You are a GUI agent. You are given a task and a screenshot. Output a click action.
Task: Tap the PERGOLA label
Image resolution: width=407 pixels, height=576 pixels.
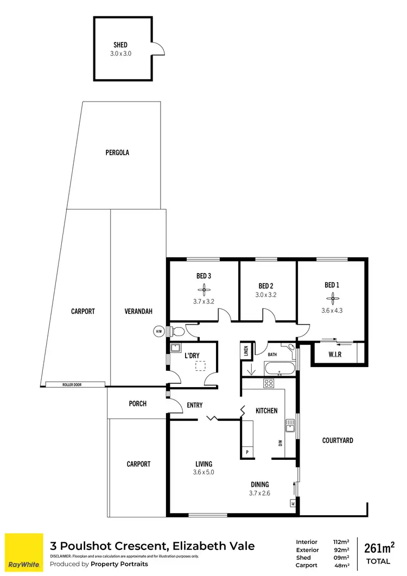coord(117,153)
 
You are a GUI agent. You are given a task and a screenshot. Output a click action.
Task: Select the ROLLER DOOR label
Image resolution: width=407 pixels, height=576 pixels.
coord(75,384)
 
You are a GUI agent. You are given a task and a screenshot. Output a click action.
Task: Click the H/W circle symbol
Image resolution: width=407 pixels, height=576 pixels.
coord(159,332)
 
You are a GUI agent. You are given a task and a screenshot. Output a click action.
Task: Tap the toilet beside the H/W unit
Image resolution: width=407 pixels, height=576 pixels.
coord(176,331)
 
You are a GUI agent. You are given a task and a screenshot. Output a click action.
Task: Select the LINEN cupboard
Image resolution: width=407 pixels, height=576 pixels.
coord(246,351)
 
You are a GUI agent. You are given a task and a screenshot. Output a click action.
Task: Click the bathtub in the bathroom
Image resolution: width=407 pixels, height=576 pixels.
coord(279,369)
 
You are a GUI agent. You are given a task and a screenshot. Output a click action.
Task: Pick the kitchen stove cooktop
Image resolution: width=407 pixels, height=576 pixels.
coord(268,383)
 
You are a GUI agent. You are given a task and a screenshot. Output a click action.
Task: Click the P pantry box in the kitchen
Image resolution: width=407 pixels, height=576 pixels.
coord(247,452)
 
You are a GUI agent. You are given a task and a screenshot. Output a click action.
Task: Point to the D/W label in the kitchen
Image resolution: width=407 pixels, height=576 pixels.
coord(281,443)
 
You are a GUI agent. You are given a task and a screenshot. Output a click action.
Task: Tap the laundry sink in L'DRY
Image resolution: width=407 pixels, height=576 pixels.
coord(175,349)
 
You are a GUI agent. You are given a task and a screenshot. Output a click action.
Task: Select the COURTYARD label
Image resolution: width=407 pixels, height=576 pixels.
coord(338,440)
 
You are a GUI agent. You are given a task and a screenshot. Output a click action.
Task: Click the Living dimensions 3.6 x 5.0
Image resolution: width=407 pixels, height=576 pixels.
coord(204,473)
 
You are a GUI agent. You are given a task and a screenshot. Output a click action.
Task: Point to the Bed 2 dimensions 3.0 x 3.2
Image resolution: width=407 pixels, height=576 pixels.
coord(265,295)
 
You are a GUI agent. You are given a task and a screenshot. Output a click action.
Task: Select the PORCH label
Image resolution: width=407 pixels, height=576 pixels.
coord(137,403)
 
